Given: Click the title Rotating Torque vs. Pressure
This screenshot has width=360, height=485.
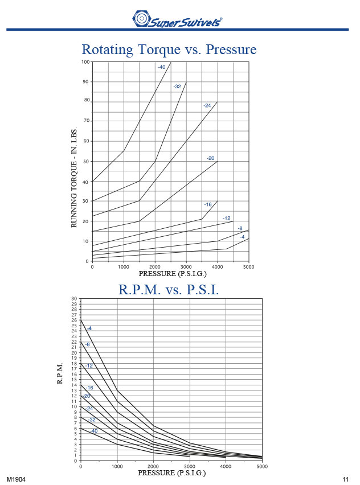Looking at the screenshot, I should pyautogui.click(x=169, y=50).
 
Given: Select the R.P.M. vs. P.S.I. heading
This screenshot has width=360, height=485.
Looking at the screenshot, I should pyautogui.click(x=169, y=289).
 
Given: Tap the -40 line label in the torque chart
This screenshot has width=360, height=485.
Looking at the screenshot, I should pyautogui.click(x=162, y=67).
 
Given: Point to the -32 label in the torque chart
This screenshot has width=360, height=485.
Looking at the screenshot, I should pyautogui.click(x=177, y=87).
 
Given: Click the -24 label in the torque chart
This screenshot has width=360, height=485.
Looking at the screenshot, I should pyautogui.click(x=207, y=105).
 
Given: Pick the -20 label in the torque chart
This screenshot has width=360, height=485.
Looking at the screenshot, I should pyautogui.click(x=211, y=158).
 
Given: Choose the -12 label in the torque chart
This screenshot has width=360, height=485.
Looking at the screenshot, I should pyautogui.click(x=226, y=218).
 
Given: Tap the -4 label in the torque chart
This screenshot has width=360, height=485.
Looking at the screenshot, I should pyautogui.click(x=242, y=237).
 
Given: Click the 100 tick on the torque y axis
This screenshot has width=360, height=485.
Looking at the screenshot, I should pyautogui.click(x=86, y=61).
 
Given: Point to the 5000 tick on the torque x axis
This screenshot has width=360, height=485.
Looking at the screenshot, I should pyautogui.click(x=248, y=266).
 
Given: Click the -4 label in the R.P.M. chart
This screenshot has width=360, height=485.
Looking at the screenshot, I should pyautogui.click(x=89, y=328).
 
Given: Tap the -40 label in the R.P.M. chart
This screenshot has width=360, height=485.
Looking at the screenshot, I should pyautogui.click(x=93, y=430).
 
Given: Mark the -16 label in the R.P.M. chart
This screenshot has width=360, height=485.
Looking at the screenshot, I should pyautogui.click(x=89, y=388).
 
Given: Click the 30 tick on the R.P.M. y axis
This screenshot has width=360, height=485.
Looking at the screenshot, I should pyautogui.click(x=74, y=299).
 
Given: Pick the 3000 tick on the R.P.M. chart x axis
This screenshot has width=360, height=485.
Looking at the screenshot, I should pyautogui.click(x=190, y=466).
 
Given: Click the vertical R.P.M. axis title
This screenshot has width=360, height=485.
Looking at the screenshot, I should pyautogui.click(x=60, y=373).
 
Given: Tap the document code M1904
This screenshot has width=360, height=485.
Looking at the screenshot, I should pyautogui.click(x=17, y=478).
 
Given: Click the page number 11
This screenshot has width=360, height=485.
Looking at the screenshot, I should pyautogui.click(x=345, y=478).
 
